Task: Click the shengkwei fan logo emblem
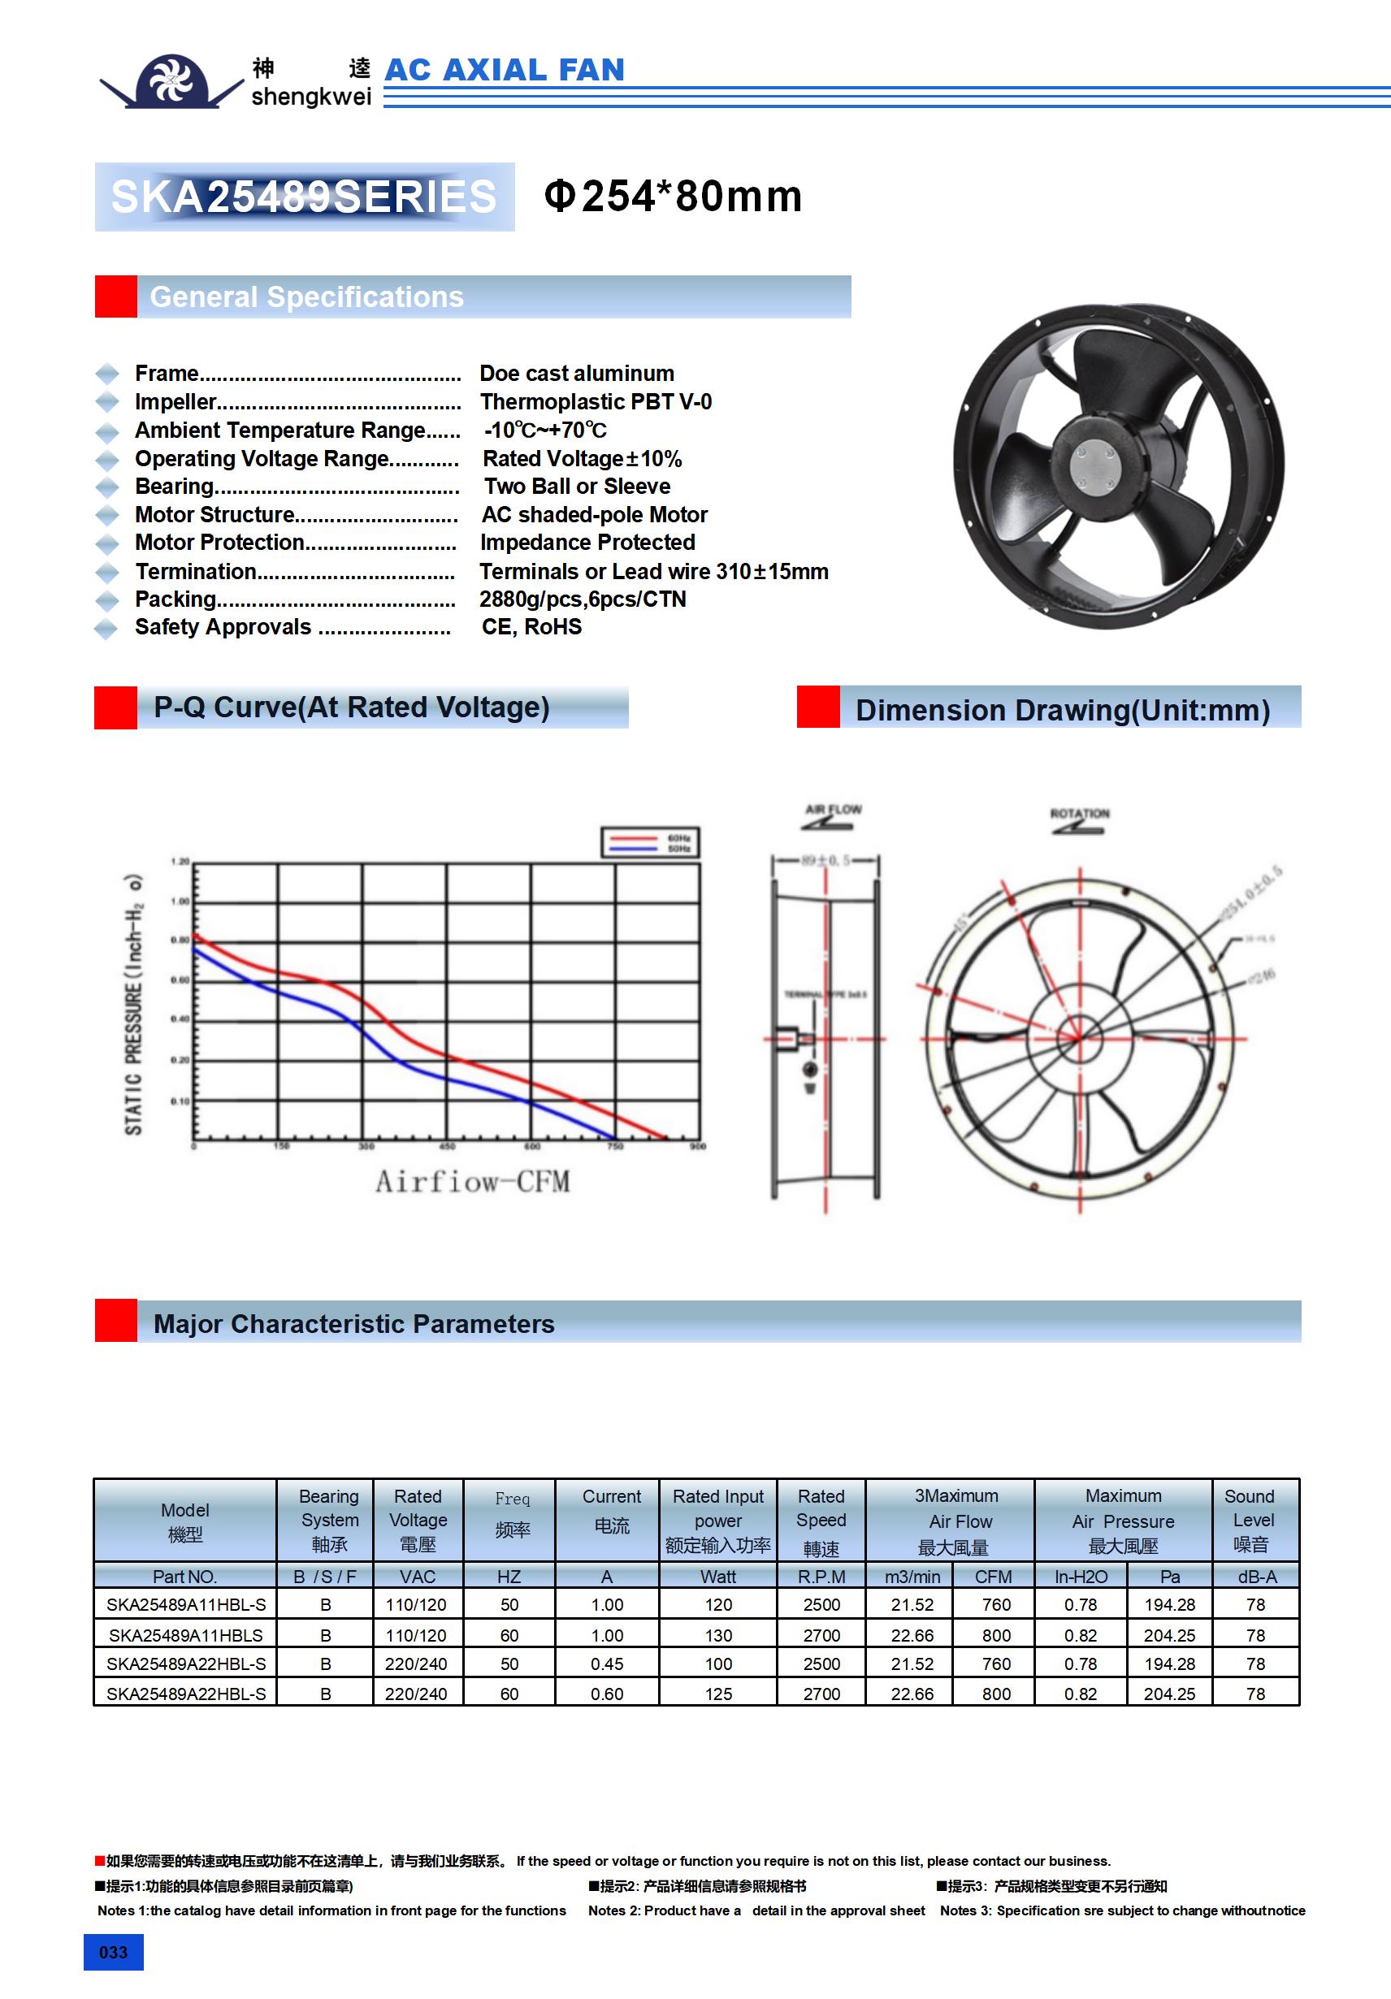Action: pyautogui.click(x=171, y=81)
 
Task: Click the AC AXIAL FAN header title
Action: pyautogui.click(x=505, y=70)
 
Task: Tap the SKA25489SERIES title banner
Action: pyautogui.click(x=304, y=197)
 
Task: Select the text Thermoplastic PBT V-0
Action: pyautogui.click(x=596, y=402)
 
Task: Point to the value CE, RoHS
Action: pyautogui.click(x=531, y=627)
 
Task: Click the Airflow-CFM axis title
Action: pyautogui.click(x=472, y=1182)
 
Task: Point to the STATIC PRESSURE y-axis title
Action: pyautogui.click(x=133, y=1006)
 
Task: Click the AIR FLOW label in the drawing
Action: pyautogui.click(x=833, y=811)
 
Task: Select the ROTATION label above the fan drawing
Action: pyautogui.click(x=1079, y=814)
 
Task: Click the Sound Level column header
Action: pyautogui.click(x=1254, y=1520)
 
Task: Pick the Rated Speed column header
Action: pyautogui.click(x=821, y=1520)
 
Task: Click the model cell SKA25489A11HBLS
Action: pyautogui.click(x=184, y=1635)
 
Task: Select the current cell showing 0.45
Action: pyautogui.click(x=606, y=1664)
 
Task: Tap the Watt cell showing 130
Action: pyautogui.click(x=717, y=1635)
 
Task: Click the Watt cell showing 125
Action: pyautogui.click(x=717, y=1694)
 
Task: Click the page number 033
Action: pyautogui.click(x=113, y=1952)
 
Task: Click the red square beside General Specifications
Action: pyautogui.click(x=116, y=297)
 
